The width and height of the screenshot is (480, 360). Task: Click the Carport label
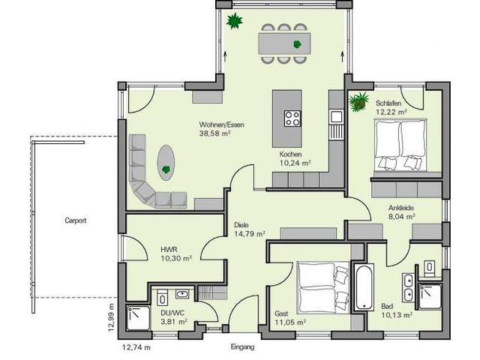click(75, 220)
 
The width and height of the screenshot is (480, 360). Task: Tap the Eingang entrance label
click(242, 347)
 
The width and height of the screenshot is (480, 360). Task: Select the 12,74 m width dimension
click(136, 347)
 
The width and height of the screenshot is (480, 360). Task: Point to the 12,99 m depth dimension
click(111, 317)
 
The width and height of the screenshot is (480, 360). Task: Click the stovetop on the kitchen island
click(292, 118)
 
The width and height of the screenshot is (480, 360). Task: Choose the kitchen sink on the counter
click(337, 117)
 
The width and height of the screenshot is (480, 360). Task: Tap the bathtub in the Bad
click(364, 286)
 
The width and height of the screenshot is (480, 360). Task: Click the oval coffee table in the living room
click(166, 163)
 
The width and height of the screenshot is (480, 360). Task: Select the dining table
click(284, 43)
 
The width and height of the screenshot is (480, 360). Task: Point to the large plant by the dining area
click(235, 21)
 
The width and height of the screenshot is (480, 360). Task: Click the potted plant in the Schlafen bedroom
click(358, 102)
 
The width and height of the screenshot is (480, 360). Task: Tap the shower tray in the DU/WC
click(138, 318)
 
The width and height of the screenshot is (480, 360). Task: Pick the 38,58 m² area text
click(214, 133)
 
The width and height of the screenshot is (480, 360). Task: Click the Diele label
click(241, 225)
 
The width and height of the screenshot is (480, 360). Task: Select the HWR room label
click(169, 250)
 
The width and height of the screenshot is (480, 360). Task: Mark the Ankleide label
click(401, 208)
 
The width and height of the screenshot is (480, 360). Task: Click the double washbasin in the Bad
click(408, 286)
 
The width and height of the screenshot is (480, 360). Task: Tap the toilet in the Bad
click(430, 267)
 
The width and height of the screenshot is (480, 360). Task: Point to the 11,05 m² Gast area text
click(290, 322)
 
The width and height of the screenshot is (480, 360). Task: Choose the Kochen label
click(290, 154)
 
